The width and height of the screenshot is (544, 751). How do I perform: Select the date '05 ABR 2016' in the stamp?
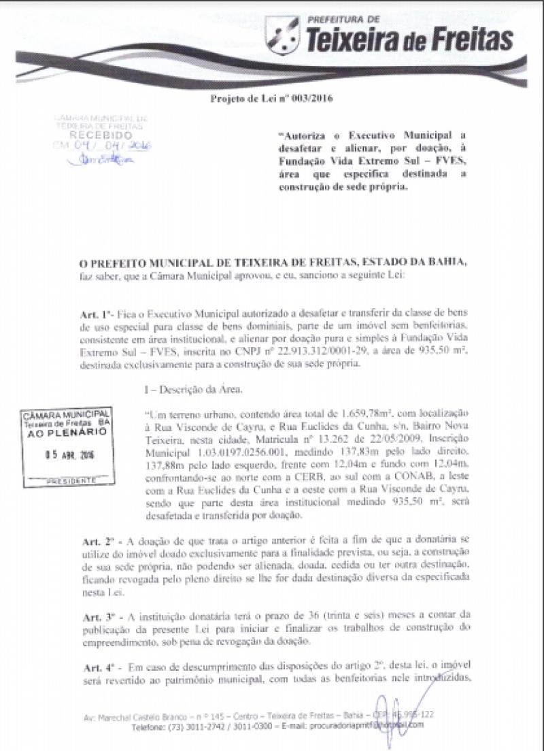click(67, 455)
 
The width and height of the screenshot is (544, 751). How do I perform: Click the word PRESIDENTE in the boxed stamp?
click(67, 480)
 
